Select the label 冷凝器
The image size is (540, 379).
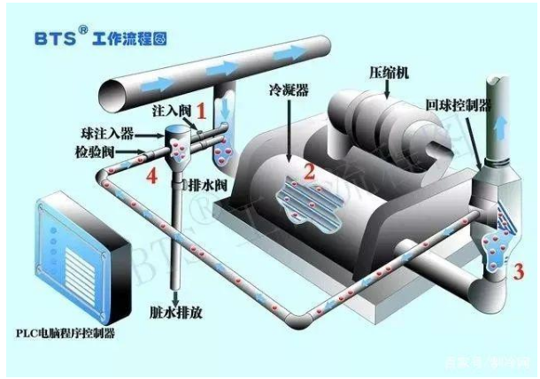287,90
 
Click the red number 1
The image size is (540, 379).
202,112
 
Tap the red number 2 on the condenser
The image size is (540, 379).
309,172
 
